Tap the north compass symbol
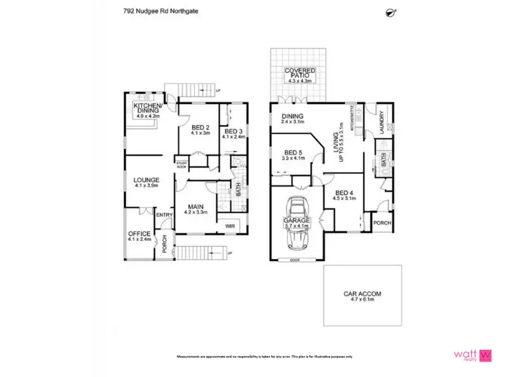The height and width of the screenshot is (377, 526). pyautogui.click(x=391, y=11)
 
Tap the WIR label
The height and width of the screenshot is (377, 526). pyautogui.click(x=229, y=226)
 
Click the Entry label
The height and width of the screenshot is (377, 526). pyautogui.click(x=164, y=215)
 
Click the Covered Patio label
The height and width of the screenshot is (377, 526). pyautogui.click(x=299, y=74)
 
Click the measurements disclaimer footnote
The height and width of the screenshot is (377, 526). pyautogui.click(x=264, y=357)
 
